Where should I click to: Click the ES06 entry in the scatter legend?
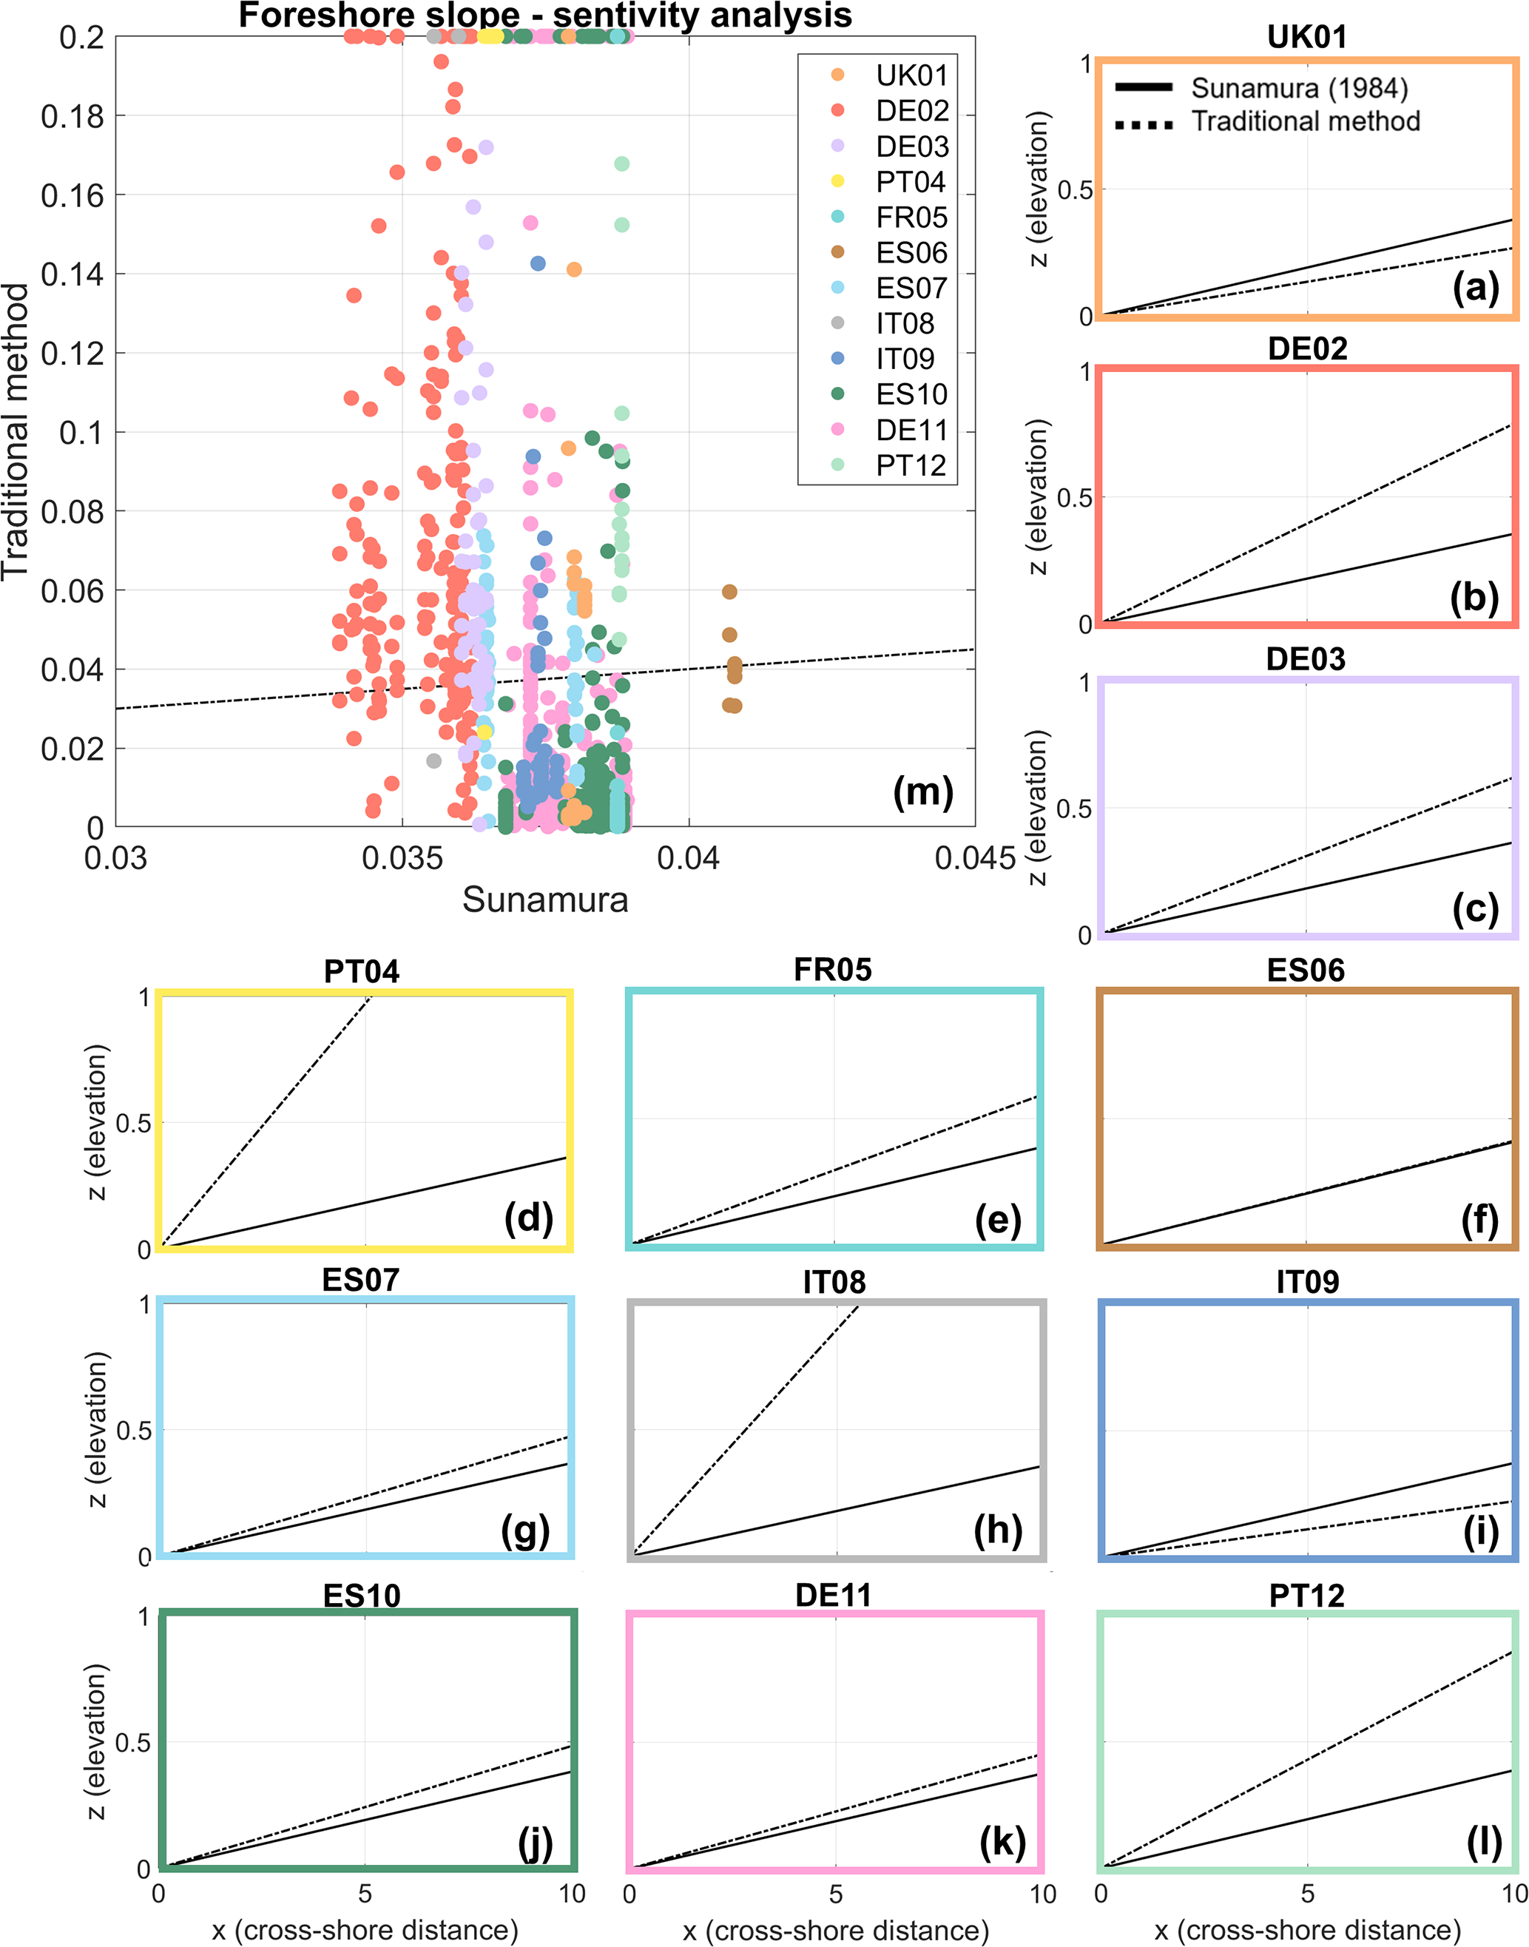pyautogui.click(x=911, y=252)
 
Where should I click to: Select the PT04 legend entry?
pyautogui.click(x=910, y=182)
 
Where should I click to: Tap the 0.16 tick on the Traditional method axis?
pyautogui.click(x=72, y=195)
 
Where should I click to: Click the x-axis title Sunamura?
pyautogui.click(x=544, y=900)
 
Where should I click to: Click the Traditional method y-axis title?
pyautogui.click(x=16, y=431)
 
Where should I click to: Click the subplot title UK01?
pyautogui.click(x=1306, y=37)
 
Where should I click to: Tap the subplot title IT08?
pyautogui.click(x=834, y=1282)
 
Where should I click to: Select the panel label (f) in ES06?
pyautogui.click(x=1479, y=1219)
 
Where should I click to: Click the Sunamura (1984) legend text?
pyautogui.click(x=1299, y=88)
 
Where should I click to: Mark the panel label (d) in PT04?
pyautogui.click(x=528, y=1218)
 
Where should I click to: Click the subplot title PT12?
pyautogui.click(x=1306, y=1595)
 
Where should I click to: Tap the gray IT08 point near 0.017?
pyautogui.click(x=434, y=761)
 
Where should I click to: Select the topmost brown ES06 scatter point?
pyautogui.click(x=729, y=592)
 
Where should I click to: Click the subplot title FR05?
pyautogui.click(x=832, y=970)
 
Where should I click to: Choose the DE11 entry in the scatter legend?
pyautogui.click(x=911, y=430)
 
